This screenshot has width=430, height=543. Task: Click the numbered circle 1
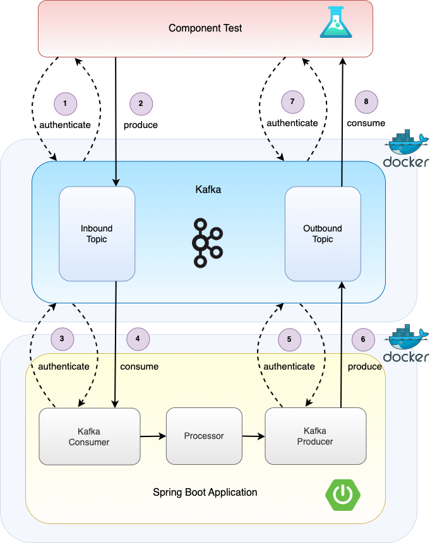(65, 103)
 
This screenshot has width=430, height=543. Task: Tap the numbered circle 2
(141, 103)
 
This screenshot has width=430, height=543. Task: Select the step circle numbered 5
(290, 339)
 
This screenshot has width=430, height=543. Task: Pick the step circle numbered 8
(366, 102)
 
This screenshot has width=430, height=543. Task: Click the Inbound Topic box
(97, 234)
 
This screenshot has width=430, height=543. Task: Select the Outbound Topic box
(323, 234)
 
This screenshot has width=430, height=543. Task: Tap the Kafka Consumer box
(90, 436)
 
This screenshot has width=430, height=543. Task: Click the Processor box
(204, 436)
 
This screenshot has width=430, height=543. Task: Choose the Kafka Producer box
(316, 436)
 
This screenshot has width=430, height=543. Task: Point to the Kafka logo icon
(207, 243)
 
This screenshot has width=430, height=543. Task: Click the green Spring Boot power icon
(343, 495)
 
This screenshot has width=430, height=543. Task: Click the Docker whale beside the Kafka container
(406, 149)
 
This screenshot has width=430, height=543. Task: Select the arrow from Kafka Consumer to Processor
(153, 436)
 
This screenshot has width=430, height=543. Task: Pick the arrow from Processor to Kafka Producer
(253, 436)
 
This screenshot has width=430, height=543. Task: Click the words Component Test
(205, 28)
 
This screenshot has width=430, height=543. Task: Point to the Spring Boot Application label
(205, 493)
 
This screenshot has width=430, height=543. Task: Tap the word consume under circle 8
(366, 123)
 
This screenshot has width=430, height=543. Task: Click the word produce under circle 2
(141, 125)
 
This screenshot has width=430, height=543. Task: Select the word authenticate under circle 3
(64, 366)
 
